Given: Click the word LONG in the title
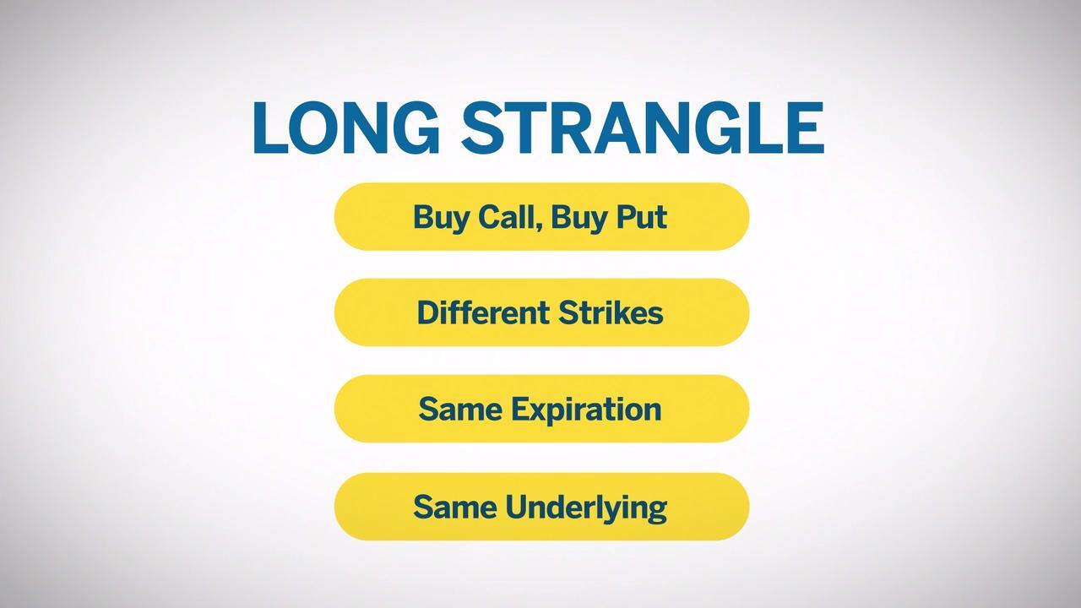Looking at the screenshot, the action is [345, 128].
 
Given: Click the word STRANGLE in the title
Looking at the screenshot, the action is [643, 128].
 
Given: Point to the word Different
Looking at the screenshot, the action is [483, 312].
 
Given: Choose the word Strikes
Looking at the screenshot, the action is [611, 312].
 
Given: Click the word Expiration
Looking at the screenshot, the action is [586, 410].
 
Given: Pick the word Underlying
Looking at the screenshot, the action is [586, 508].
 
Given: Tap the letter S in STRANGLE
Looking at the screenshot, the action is [482, 128].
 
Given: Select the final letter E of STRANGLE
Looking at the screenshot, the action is [805, 128].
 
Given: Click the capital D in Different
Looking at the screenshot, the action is [428, 312].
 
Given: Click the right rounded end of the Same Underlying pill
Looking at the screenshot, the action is [732, 507].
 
